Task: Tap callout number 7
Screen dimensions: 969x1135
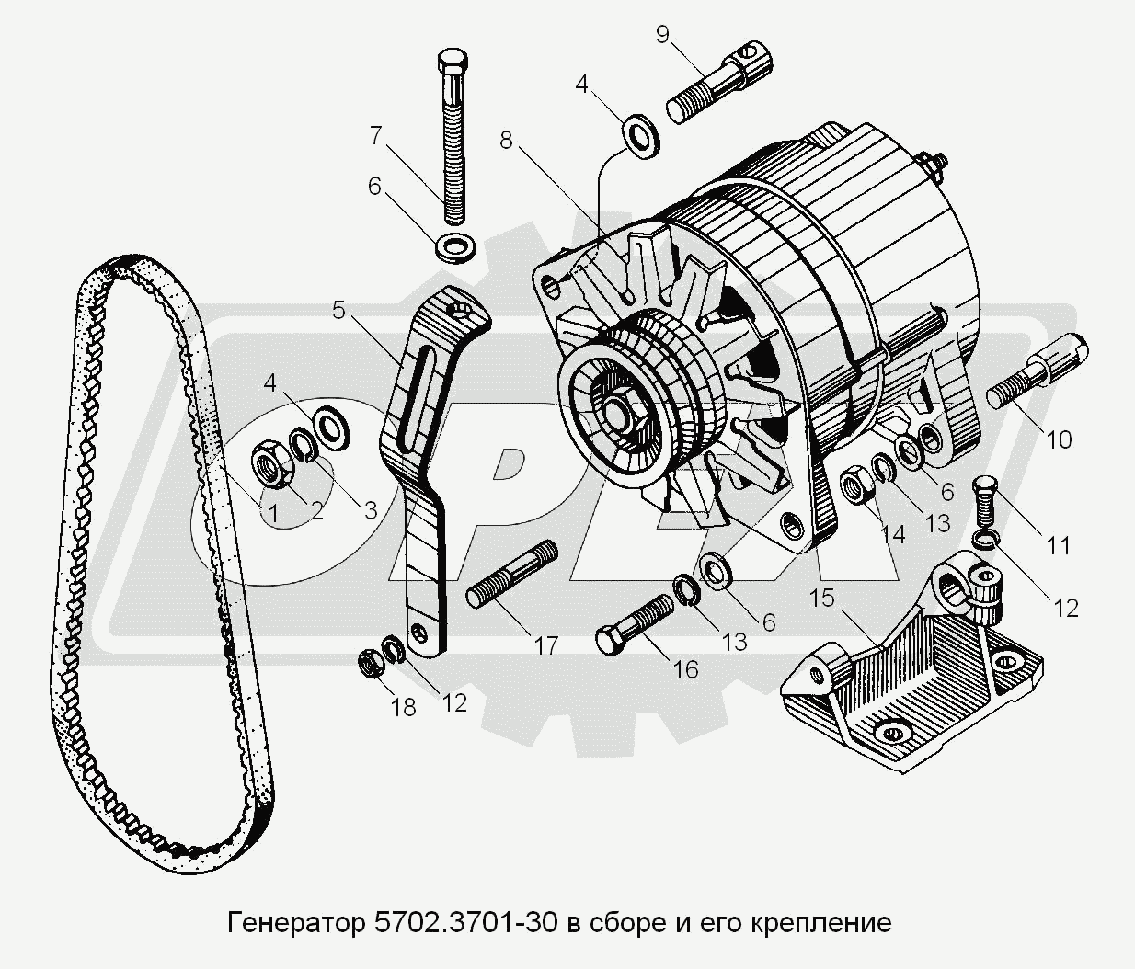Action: point(375,136)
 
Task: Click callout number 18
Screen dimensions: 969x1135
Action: point(403,706)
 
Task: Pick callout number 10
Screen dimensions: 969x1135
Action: point(1059,439)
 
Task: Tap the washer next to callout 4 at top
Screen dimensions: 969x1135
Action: point(636,131)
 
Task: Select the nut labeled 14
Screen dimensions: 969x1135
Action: point(857,484)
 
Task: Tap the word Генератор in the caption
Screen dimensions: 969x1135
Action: point(295,921)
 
